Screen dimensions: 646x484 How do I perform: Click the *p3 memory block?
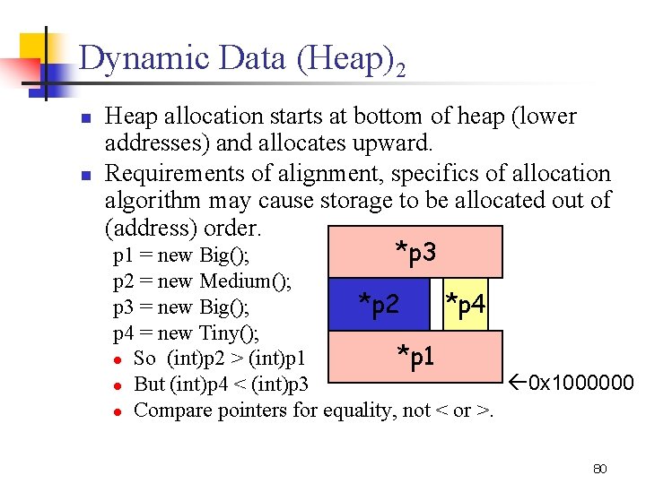(415, 252)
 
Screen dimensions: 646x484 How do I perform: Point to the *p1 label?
(416, 357)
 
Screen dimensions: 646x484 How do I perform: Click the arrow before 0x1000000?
(518, 384)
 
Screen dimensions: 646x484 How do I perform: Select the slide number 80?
(600, 468)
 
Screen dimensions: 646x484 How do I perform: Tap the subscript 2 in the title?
(399, 69)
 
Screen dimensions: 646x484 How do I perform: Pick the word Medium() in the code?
(245, 281)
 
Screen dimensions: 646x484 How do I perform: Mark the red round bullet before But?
(118, 385)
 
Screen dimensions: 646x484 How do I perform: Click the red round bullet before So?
(118, 359)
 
